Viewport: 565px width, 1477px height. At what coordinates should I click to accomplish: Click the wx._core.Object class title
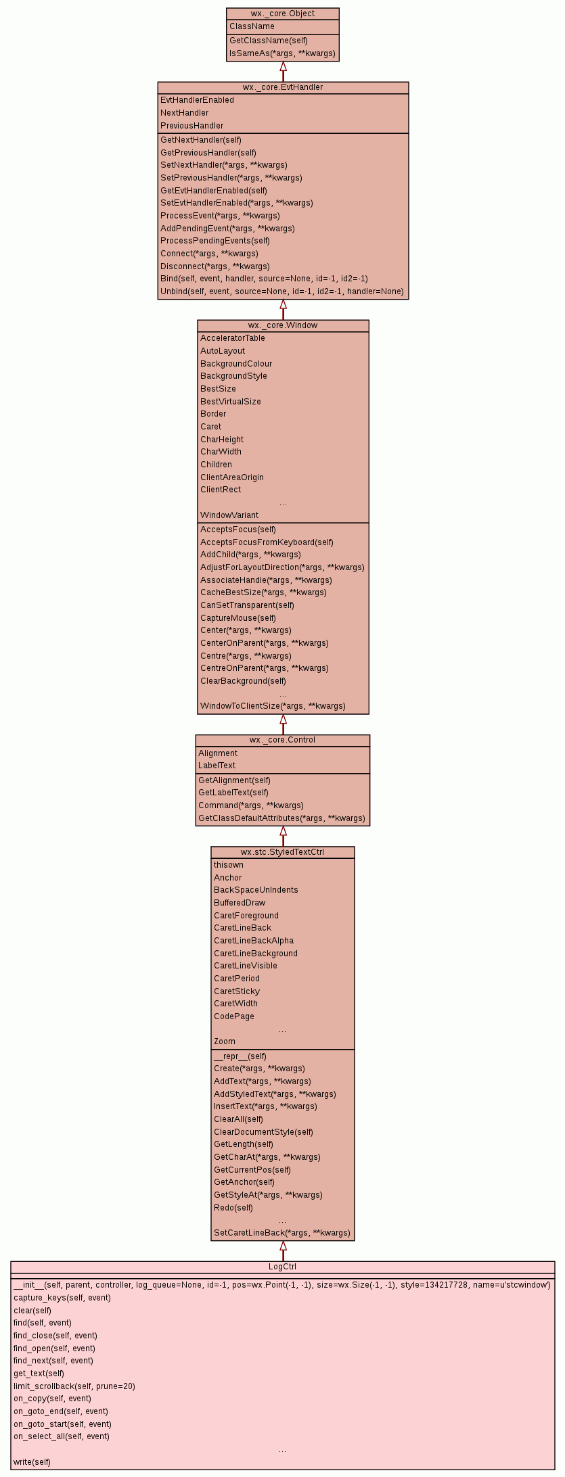(283, 14)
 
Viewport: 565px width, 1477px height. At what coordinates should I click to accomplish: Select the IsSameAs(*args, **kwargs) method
(282, 53)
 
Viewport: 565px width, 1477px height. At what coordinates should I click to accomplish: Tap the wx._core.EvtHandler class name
(283, 87)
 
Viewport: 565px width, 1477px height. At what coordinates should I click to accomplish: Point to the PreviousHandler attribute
(192, 126)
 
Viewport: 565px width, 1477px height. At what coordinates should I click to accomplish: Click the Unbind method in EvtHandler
(281, 291)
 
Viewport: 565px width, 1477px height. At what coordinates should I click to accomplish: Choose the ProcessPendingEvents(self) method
(215, 241)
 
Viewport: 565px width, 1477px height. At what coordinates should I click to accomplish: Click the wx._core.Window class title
(283, 325)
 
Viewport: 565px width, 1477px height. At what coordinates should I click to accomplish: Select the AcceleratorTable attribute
(233, 338)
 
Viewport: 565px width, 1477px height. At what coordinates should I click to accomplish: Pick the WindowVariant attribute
(229, 515)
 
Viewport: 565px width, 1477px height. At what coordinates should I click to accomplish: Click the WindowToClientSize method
(273, 706)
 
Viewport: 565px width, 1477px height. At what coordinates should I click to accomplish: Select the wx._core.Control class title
(283, 740)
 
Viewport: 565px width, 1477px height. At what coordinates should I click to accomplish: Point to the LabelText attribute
(217, 766)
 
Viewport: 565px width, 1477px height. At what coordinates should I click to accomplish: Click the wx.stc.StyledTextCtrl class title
(283, 852)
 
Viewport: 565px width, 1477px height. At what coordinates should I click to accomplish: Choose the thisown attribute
(229, 865)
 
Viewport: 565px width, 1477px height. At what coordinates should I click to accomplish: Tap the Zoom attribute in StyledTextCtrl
(225, 1041)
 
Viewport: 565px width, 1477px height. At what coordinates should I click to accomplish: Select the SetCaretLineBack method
(282, 1233)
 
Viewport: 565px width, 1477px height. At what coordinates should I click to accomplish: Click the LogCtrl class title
(283, 1267)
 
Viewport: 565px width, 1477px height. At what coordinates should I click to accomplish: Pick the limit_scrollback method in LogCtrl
(74, 1386)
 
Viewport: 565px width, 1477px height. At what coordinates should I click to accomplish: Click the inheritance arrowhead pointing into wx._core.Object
(284, 67)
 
